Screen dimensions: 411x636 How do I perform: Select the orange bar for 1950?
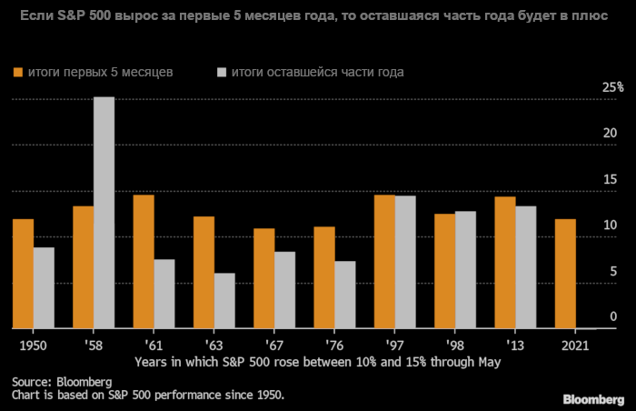(x=24, y=274)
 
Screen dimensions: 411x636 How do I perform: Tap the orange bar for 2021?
(x=565, y=274)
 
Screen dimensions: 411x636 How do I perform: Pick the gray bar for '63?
(x=224, y=301)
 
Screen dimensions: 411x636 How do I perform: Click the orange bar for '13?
(x=505, y=263)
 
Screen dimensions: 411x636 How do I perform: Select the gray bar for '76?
(x=344, y=295)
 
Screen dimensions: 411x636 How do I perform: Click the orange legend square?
(x=17, y=72)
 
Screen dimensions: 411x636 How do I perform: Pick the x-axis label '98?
(x=454, y=346)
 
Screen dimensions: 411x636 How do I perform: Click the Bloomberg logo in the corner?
(x=594, y=397)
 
